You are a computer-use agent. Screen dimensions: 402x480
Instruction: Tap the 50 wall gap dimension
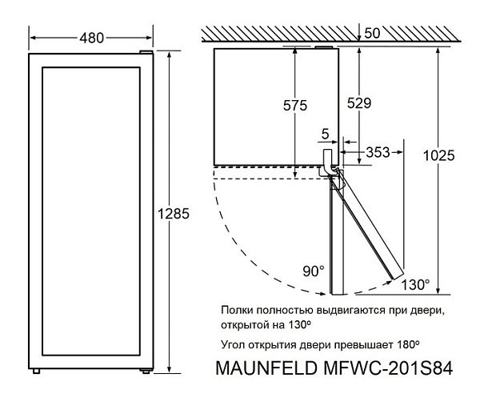pos(371,34)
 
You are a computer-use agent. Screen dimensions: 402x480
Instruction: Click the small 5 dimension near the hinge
pos(326,134)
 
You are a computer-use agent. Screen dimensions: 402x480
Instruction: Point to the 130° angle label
pos(416,283)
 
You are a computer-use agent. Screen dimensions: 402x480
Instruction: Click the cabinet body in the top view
pos(256,104)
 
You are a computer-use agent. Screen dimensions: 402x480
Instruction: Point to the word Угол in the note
pos(232,345)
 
